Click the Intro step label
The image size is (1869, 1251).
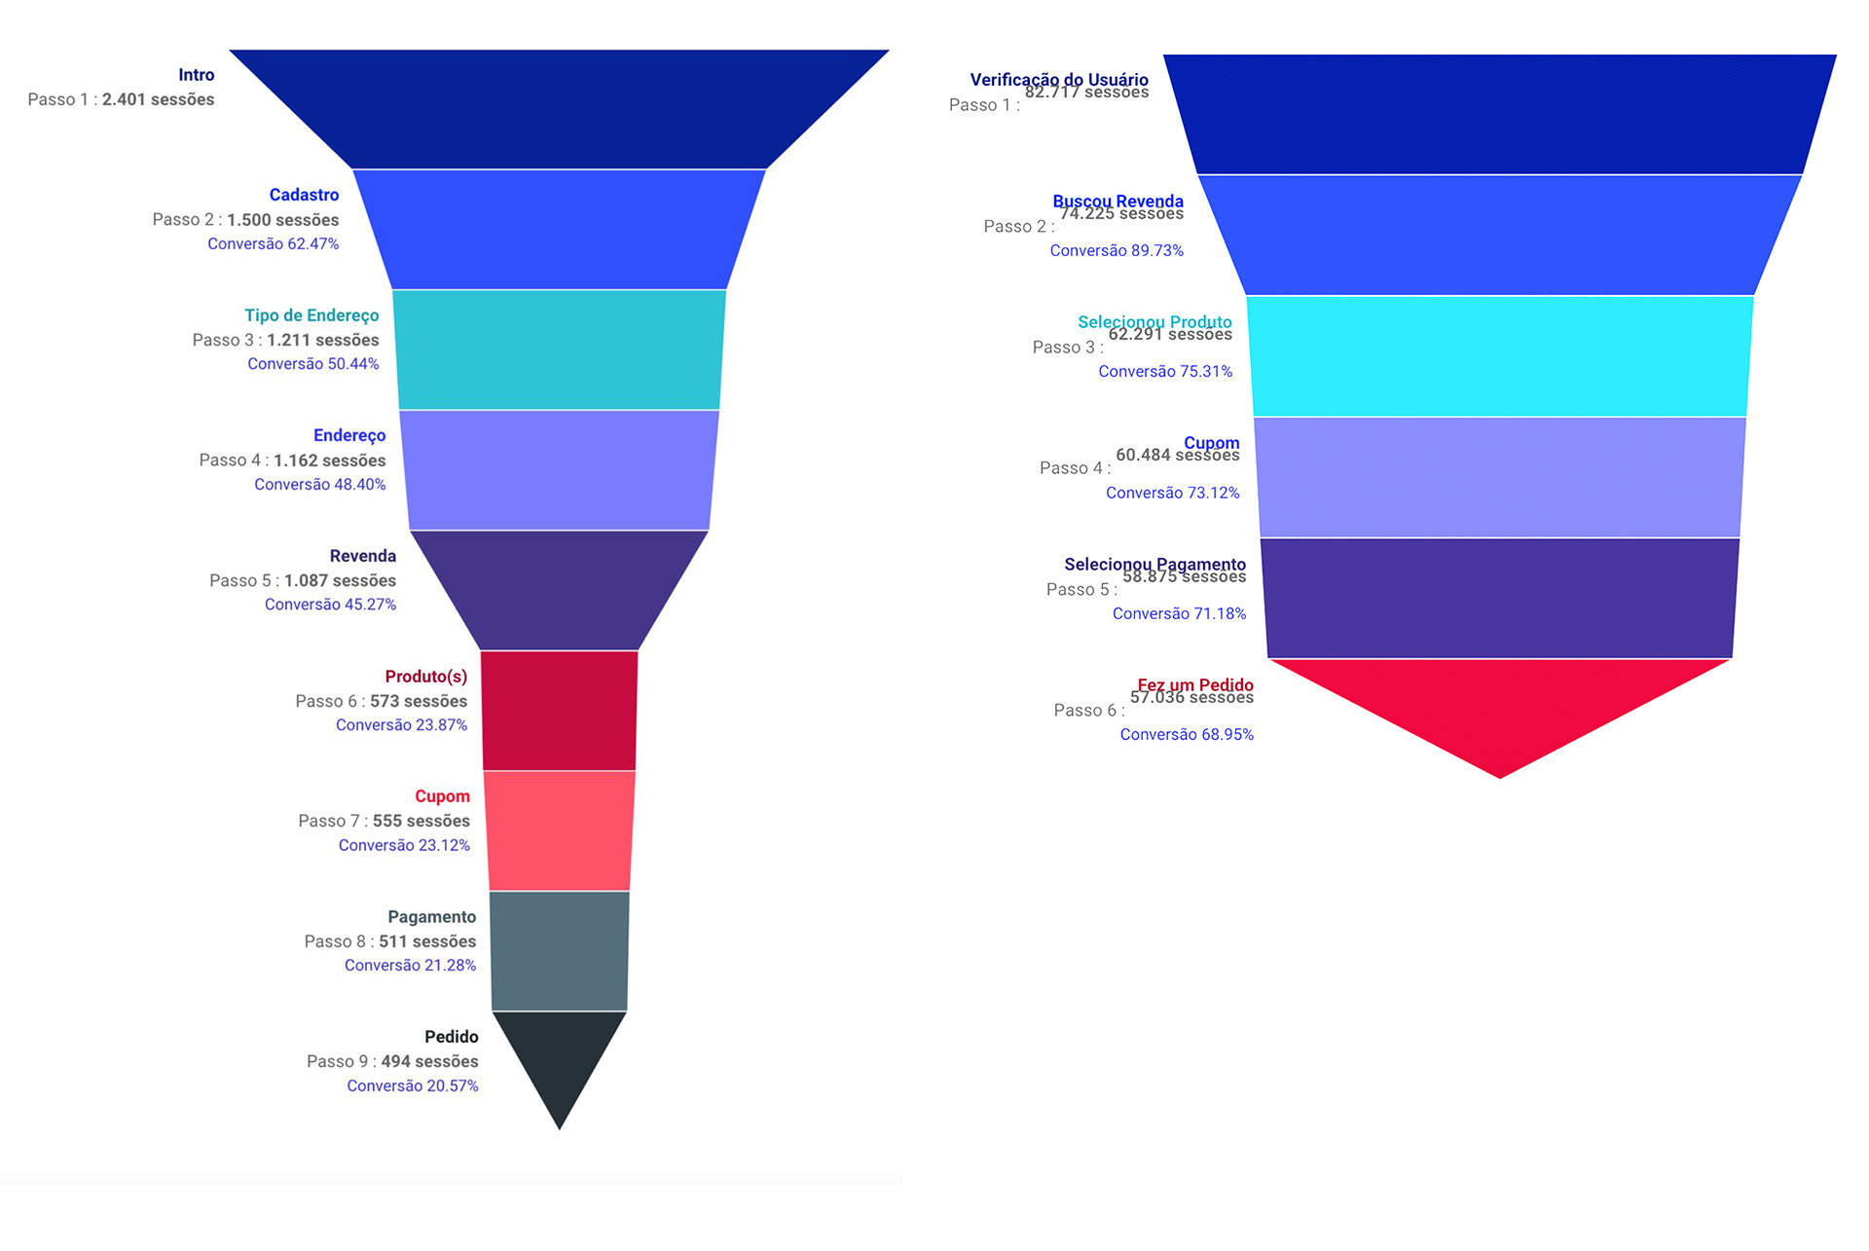196,75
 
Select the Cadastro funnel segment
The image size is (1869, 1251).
559,229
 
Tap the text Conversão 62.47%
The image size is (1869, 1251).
273,243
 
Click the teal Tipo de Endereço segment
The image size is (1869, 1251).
559,350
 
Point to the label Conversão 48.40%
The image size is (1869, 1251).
319,484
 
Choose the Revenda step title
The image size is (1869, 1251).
362,556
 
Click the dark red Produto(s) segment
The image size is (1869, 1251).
559,711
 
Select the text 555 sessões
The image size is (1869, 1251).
421,821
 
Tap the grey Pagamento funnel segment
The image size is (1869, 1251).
559,951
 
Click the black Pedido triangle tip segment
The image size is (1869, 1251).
559,1056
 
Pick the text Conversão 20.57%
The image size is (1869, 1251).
412,1085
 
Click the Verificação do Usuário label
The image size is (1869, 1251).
1058,79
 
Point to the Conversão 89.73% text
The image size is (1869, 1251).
1117,250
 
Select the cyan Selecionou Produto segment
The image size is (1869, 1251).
1499,356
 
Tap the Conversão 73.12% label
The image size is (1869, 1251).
1172,493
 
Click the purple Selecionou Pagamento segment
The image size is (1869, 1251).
1499,598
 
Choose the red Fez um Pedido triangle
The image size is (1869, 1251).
1499,706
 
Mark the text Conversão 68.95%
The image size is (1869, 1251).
1186,734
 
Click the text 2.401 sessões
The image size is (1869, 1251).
158,99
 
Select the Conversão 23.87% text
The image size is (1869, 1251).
401,724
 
